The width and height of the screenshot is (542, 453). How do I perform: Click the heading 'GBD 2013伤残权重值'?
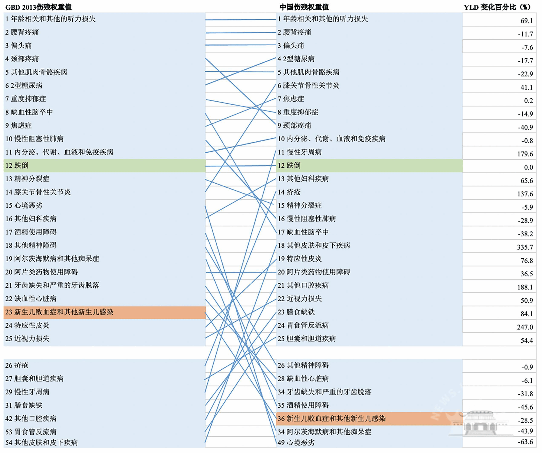[39, 7]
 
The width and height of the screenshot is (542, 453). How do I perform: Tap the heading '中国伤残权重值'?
[304, 7]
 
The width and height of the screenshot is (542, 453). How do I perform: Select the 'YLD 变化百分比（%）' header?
[497, 7]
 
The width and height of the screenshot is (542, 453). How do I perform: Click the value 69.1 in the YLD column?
[526, 21]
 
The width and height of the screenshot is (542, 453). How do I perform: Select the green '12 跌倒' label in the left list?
[17, 165]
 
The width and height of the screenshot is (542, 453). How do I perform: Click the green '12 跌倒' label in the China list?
[289, 165]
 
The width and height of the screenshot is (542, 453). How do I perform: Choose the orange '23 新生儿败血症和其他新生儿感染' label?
[59, 312]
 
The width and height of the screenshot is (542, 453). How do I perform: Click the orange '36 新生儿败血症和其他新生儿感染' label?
[331, 419]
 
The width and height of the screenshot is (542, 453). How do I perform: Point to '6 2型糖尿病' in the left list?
[24, 85]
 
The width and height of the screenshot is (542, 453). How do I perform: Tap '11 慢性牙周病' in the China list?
[299, 152]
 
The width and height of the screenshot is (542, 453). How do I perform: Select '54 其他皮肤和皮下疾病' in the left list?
[41, 442]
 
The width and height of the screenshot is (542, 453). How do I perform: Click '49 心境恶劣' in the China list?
[296, 442]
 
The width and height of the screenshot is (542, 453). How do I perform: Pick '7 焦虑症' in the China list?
[291, 99]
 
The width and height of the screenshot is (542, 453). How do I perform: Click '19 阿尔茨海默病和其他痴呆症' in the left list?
[52, 259]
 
